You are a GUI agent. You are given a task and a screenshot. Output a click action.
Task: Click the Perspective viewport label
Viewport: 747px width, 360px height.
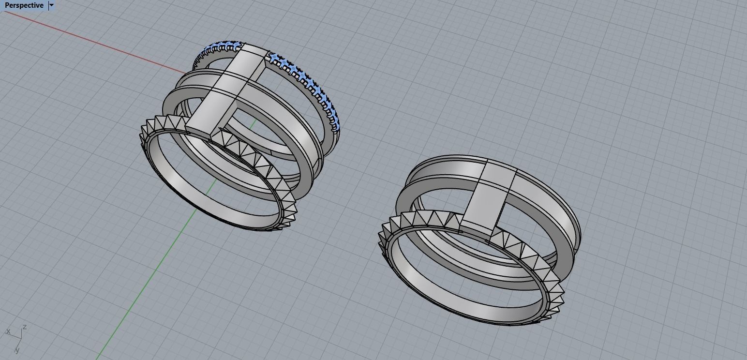click(23, 5)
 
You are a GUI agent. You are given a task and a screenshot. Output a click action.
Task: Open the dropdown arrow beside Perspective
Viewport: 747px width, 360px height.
click(52, 5)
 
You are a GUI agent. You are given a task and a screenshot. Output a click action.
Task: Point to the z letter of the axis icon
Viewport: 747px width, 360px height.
click(24, 328)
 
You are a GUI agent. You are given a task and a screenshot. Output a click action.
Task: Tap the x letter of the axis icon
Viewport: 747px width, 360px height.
click(8, 331)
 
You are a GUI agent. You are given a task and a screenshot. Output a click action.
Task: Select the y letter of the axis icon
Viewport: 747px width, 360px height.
click(17, 350)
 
